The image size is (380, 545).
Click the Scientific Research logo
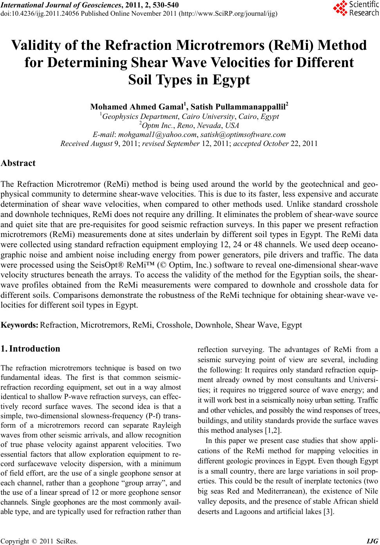coord(355,9)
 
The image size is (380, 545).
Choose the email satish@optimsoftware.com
coord(243,135)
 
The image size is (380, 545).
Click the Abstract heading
coord(18,163)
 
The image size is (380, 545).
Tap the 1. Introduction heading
coord(31,349)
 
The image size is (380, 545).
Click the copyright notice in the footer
coord(39,541)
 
